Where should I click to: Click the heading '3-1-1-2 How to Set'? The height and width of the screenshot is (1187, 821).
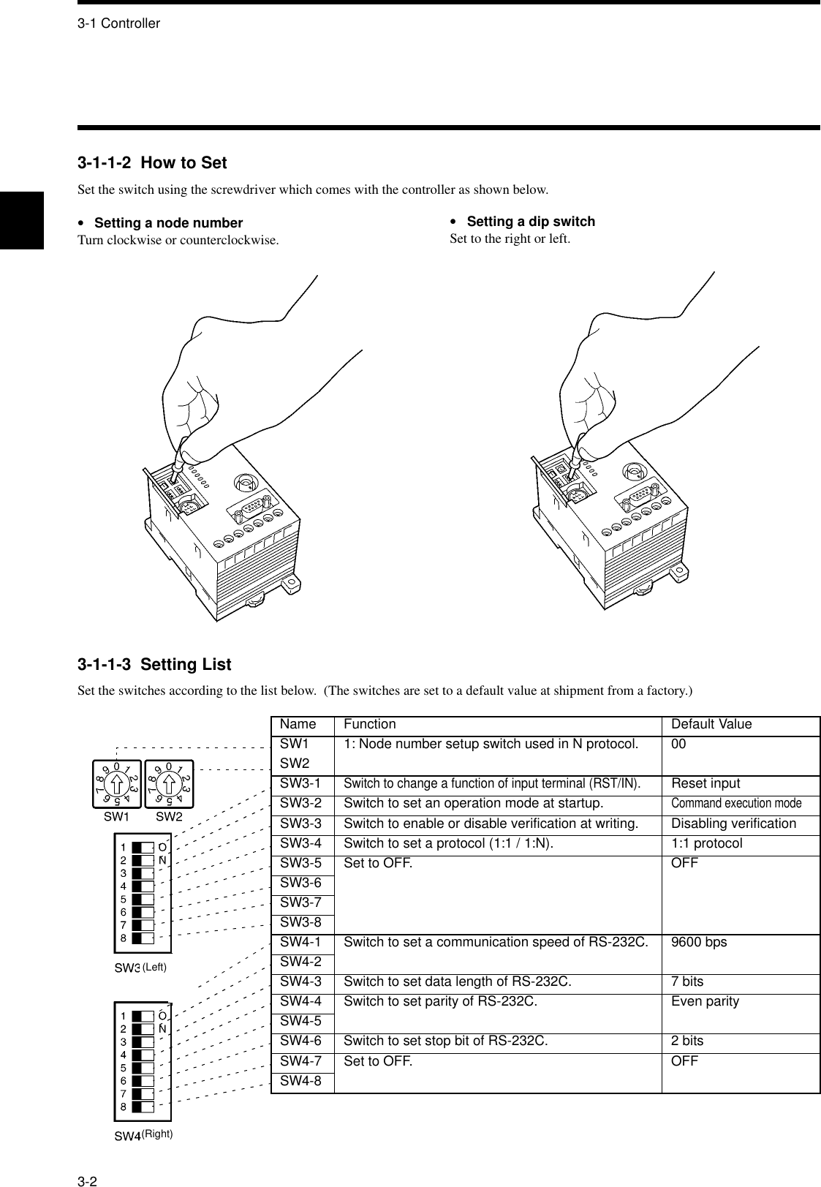coord(152,163)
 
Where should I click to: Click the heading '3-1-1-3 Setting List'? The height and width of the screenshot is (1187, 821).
coord(154,665)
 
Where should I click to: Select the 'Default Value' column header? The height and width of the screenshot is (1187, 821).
coord(711,724)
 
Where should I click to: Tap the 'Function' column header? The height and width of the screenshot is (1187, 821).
coord(369,724)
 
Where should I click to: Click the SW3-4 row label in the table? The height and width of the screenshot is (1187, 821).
coord(301,843)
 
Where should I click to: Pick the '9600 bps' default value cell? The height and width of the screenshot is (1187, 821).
coord(699,942)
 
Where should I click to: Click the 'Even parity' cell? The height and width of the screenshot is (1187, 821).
coord(705,1001)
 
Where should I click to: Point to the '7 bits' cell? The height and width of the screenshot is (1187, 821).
coord(687,981)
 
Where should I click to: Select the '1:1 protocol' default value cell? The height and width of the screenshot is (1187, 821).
coord(706,843)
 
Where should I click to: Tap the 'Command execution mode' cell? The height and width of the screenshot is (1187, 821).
coord(735,804)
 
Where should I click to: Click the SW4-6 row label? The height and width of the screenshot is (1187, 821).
coord(301,1041)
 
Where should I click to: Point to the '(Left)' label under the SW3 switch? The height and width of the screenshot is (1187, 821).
coord(154,967)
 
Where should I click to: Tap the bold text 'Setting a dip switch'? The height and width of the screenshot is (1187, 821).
coord(530,222)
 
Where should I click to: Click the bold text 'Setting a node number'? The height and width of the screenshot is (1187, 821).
coord(168,223)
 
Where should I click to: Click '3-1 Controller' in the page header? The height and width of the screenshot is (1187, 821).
coord(118,23)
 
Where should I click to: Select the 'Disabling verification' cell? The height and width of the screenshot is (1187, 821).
coord(733,824)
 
